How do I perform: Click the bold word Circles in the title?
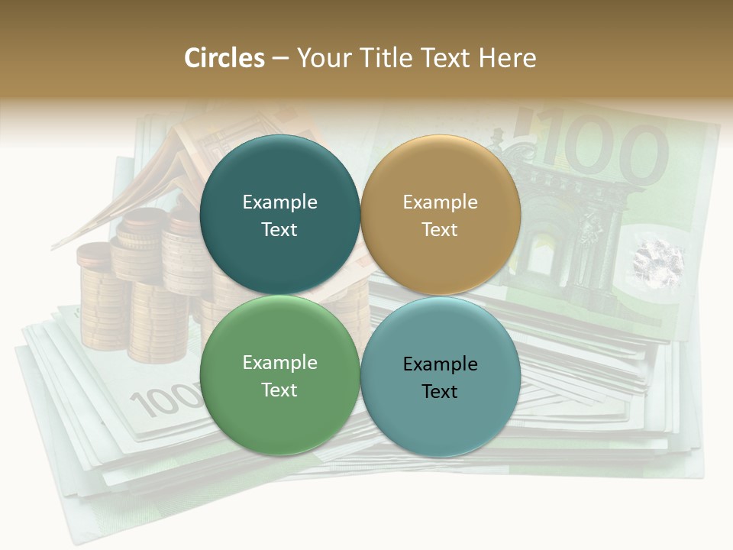224,58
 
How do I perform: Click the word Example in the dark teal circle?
279,202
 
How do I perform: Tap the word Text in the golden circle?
440,229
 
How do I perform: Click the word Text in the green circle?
279,390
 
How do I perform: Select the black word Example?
440,364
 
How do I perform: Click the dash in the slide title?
279,58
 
